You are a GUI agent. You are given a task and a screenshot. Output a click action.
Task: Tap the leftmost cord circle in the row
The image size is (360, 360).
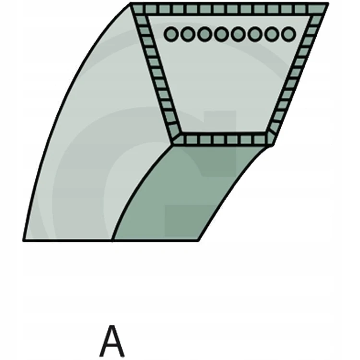coord(171,34)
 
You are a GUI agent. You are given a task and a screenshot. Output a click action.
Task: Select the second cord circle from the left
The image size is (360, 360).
coord(188,34)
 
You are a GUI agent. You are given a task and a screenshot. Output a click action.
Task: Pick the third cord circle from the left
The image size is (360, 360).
coord(204,34)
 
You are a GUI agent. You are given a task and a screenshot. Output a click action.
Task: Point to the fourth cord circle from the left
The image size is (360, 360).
coord(221,34)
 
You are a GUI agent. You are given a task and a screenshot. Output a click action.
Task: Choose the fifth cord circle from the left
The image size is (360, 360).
coord(238,34)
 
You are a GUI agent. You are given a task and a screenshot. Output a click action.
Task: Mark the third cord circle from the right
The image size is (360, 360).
coord(255,34)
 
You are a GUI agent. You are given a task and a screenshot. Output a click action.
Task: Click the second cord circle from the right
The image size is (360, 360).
coord(272,34)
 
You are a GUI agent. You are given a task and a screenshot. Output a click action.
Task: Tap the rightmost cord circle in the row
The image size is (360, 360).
coord(288,34)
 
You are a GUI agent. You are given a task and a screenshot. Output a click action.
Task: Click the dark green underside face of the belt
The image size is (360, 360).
coord(184,195)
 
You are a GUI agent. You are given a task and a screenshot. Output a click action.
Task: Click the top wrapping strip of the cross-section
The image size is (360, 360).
coord(229,9)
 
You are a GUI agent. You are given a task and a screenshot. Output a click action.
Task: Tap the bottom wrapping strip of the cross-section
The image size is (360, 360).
coord(223,139)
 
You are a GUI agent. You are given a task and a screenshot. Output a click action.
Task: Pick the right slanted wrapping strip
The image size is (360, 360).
coord(296,73)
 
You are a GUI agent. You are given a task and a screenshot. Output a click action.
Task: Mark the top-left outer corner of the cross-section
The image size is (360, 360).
coord(130,3)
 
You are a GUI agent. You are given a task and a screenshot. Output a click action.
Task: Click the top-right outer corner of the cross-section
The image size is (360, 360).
coord(328,3)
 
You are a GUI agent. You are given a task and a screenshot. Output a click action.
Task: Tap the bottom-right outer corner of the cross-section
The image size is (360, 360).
coord(273,145)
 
